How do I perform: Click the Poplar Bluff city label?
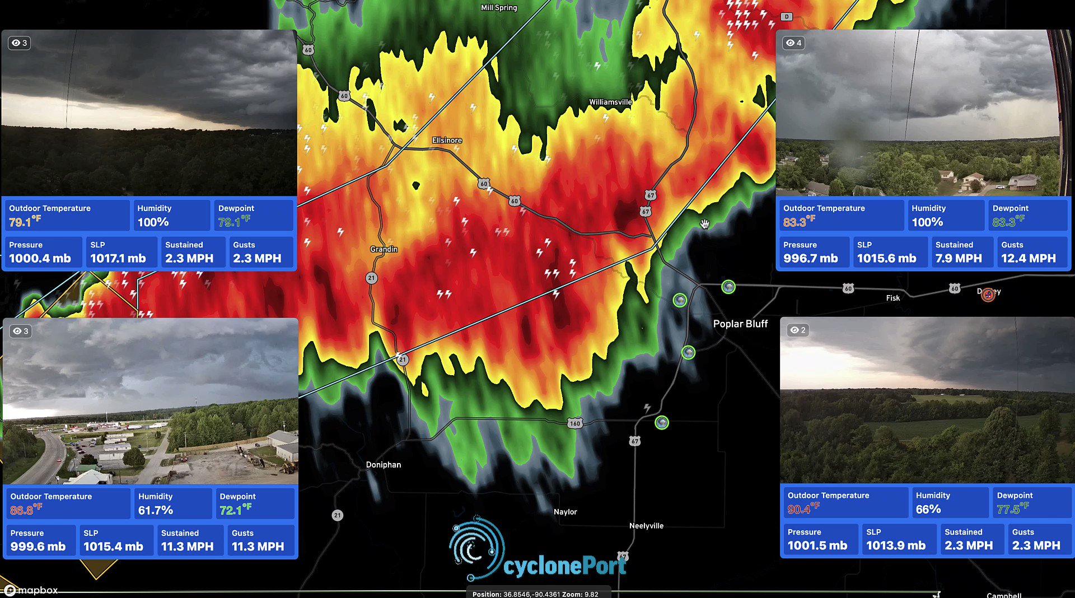pos(740,324)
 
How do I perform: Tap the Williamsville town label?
pos(610,102)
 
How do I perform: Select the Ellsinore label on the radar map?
pos(446,140)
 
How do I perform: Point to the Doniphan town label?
pos(383,465)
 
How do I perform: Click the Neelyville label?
pos(646,526)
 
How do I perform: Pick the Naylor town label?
pos(565,512)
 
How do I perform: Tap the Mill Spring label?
pos(498,8)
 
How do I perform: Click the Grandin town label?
pos(384,249)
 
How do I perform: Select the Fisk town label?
pos(892,298)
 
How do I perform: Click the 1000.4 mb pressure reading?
pos(40,258)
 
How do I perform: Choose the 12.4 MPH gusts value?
pos(1028,258)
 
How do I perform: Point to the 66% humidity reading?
pos(928,509)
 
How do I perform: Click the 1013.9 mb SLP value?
pos(895,545)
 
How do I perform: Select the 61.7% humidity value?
pos(155,510)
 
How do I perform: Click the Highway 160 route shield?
pos(574,423)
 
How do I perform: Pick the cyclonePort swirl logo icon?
pos(476,548)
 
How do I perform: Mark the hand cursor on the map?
pos(704,224)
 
